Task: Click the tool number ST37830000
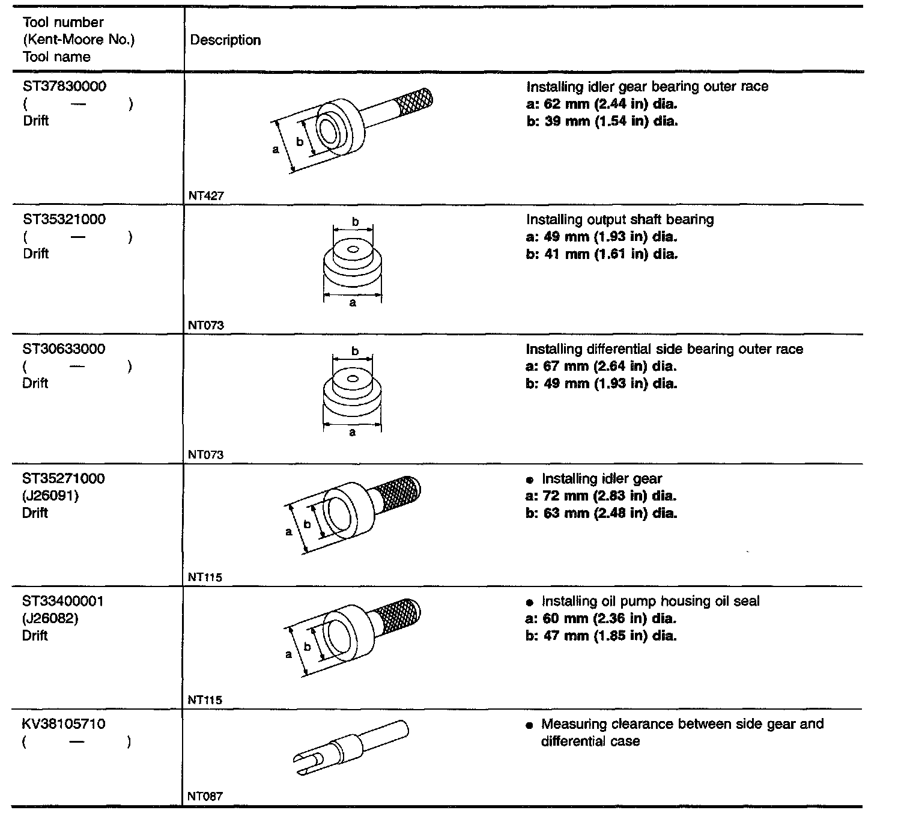(64, 87)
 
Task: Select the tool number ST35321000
(64, 219)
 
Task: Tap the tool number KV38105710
(64, 724)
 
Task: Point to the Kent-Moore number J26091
(50, 496)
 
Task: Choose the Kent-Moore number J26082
(50, 618)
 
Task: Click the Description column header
(225, 40)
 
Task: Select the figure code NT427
(205, 196)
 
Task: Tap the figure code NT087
(205, 797)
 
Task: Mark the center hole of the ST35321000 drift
(353, 249)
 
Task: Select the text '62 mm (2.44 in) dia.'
(610, 104)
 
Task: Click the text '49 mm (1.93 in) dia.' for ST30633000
(610, 383)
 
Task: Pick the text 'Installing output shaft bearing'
(620, 219)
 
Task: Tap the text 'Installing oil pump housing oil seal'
(651, 601)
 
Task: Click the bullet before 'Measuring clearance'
(529, 725)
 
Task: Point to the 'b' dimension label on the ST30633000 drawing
(355, 351)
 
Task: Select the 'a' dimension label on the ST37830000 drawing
(276, 150)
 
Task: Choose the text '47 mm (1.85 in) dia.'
(610, 636)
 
